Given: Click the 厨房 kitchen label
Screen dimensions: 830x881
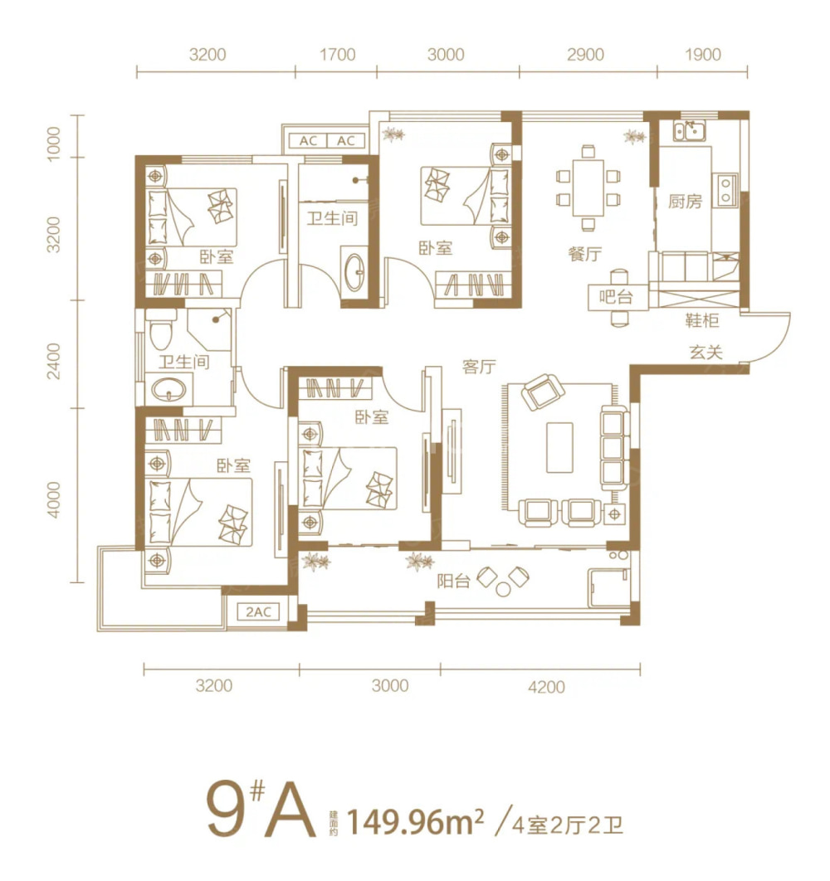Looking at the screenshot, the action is [x=685, y=201].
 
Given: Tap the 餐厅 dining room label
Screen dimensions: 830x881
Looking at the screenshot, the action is [x=585, y=253].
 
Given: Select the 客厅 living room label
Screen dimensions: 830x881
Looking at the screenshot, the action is [x=479, y=367].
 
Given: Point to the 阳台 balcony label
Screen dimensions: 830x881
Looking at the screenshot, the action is [x=453, y=581].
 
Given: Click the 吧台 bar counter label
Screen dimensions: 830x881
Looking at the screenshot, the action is [x=616, y=296].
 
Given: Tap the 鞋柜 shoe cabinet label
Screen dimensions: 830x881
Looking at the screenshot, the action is [x=702, y=319].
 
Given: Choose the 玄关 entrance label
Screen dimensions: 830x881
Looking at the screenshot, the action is [x=705, y=353].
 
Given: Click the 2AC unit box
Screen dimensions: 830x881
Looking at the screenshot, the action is [x=259, y=611].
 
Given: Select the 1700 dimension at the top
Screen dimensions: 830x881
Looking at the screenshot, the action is [x=338, y=55].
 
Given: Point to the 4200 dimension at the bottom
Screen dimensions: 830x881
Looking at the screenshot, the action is [x=547, y=687].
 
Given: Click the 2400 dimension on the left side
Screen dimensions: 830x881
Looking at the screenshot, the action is [x=53, y=362].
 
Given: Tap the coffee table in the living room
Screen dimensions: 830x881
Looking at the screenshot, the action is [x=559, y=448].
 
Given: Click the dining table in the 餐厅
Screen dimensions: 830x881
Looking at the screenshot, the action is [x=588, y=187].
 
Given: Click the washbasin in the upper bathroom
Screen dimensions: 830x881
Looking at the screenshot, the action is [x=354, y=272].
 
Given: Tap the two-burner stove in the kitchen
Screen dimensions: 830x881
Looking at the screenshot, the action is [x=725, y=190].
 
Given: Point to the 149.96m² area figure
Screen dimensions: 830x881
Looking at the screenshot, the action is [x=416, y=823].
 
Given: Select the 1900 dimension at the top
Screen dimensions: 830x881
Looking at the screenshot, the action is [x=703, y=55].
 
